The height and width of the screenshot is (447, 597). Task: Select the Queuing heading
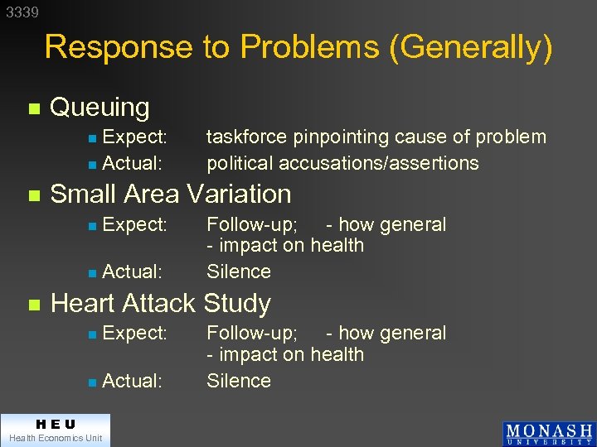(x=99, y=108)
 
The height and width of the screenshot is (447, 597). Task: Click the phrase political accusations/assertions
(x=342, y=163)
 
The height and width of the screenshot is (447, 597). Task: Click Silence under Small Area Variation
(x=239, y=272)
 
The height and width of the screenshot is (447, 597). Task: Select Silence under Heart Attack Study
(x=239, y=381)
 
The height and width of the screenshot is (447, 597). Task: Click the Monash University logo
(x=548, y=434)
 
